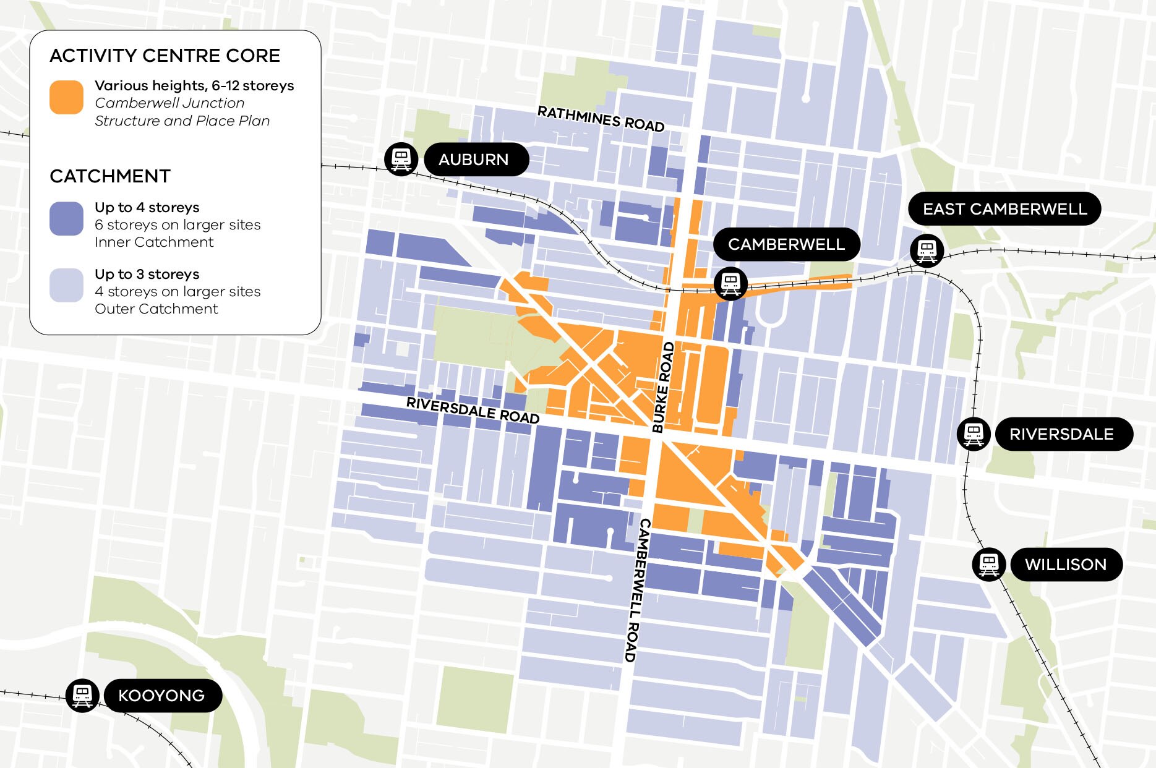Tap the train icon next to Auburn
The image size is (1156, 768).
point(401,159)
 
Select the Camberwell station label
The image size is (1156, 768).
point(786,244)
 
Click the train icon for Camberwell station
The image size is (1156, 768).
point(730,284)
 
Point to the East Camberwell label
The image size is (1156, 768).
point(1004,209)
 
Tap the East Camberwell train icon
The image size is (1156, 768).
point(927,250)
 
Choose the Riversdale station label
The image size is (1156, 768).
point(1062,434)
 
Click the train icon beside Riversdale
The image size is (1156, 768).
point(974,433)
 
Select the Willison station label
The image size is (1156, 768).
point(1066,565)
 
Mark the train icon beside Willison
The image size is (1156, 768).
point(988,564)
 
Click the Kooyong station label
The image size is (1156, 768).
point(162,696)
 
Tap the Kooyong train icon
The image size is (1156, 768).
point(82,695)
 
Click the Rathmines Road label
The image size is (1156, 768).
point(601,119)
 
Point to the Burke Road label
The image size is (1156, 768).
point(663,387)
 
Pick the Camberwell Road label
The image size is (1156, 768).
point(637,591)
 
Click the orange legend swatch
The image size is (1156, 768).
point(66,97)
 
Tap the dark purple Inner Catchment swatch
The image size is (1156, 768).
point(66,218)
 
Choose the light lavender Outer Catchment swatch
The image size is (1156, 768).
point(66,285)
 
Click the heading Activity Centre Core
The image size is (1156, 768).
point(165,56)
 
